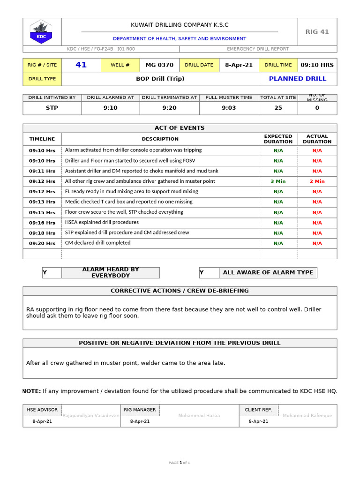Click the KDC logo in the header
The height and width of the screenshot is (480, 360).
42,32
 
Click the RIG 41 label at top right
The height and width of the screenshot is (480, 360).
317,32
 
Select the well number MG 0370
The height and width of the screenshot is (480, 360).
159,65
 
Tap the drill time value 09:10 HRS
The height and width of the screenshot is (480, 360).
317,65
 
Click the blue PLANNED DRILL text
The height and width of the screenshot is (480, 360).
297,79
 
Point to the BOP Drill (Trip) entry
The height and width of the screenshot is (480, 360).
160,79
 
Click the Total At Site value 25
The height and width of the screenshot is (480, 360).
278,108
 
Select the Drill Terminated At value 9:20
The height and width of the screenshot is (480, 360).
169,108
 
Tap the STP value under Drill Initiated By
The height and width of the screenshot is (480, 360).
52,108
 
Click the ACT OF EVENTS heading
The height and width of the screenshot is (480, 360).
180,128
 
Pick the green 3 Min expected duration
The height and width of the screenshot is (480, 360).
278,181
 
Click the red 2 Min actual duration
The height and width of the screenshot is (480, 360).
317,181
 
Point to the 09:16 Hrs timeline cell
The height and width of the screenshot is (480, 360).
42,223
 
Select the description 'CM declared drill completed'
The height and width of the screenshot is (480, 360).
97,243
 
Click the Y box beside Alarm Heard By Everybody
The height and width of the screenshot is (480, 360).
52,273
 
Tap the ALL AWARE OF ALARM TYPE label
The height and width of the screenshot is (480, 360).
268,272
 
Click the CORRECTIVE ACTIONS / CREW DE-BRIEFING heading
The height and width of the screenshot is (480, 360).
180,291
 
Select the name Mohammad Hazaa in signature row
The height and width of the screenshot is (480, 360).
199,416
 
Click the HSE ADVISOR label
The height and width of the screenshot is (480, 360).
42,410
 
